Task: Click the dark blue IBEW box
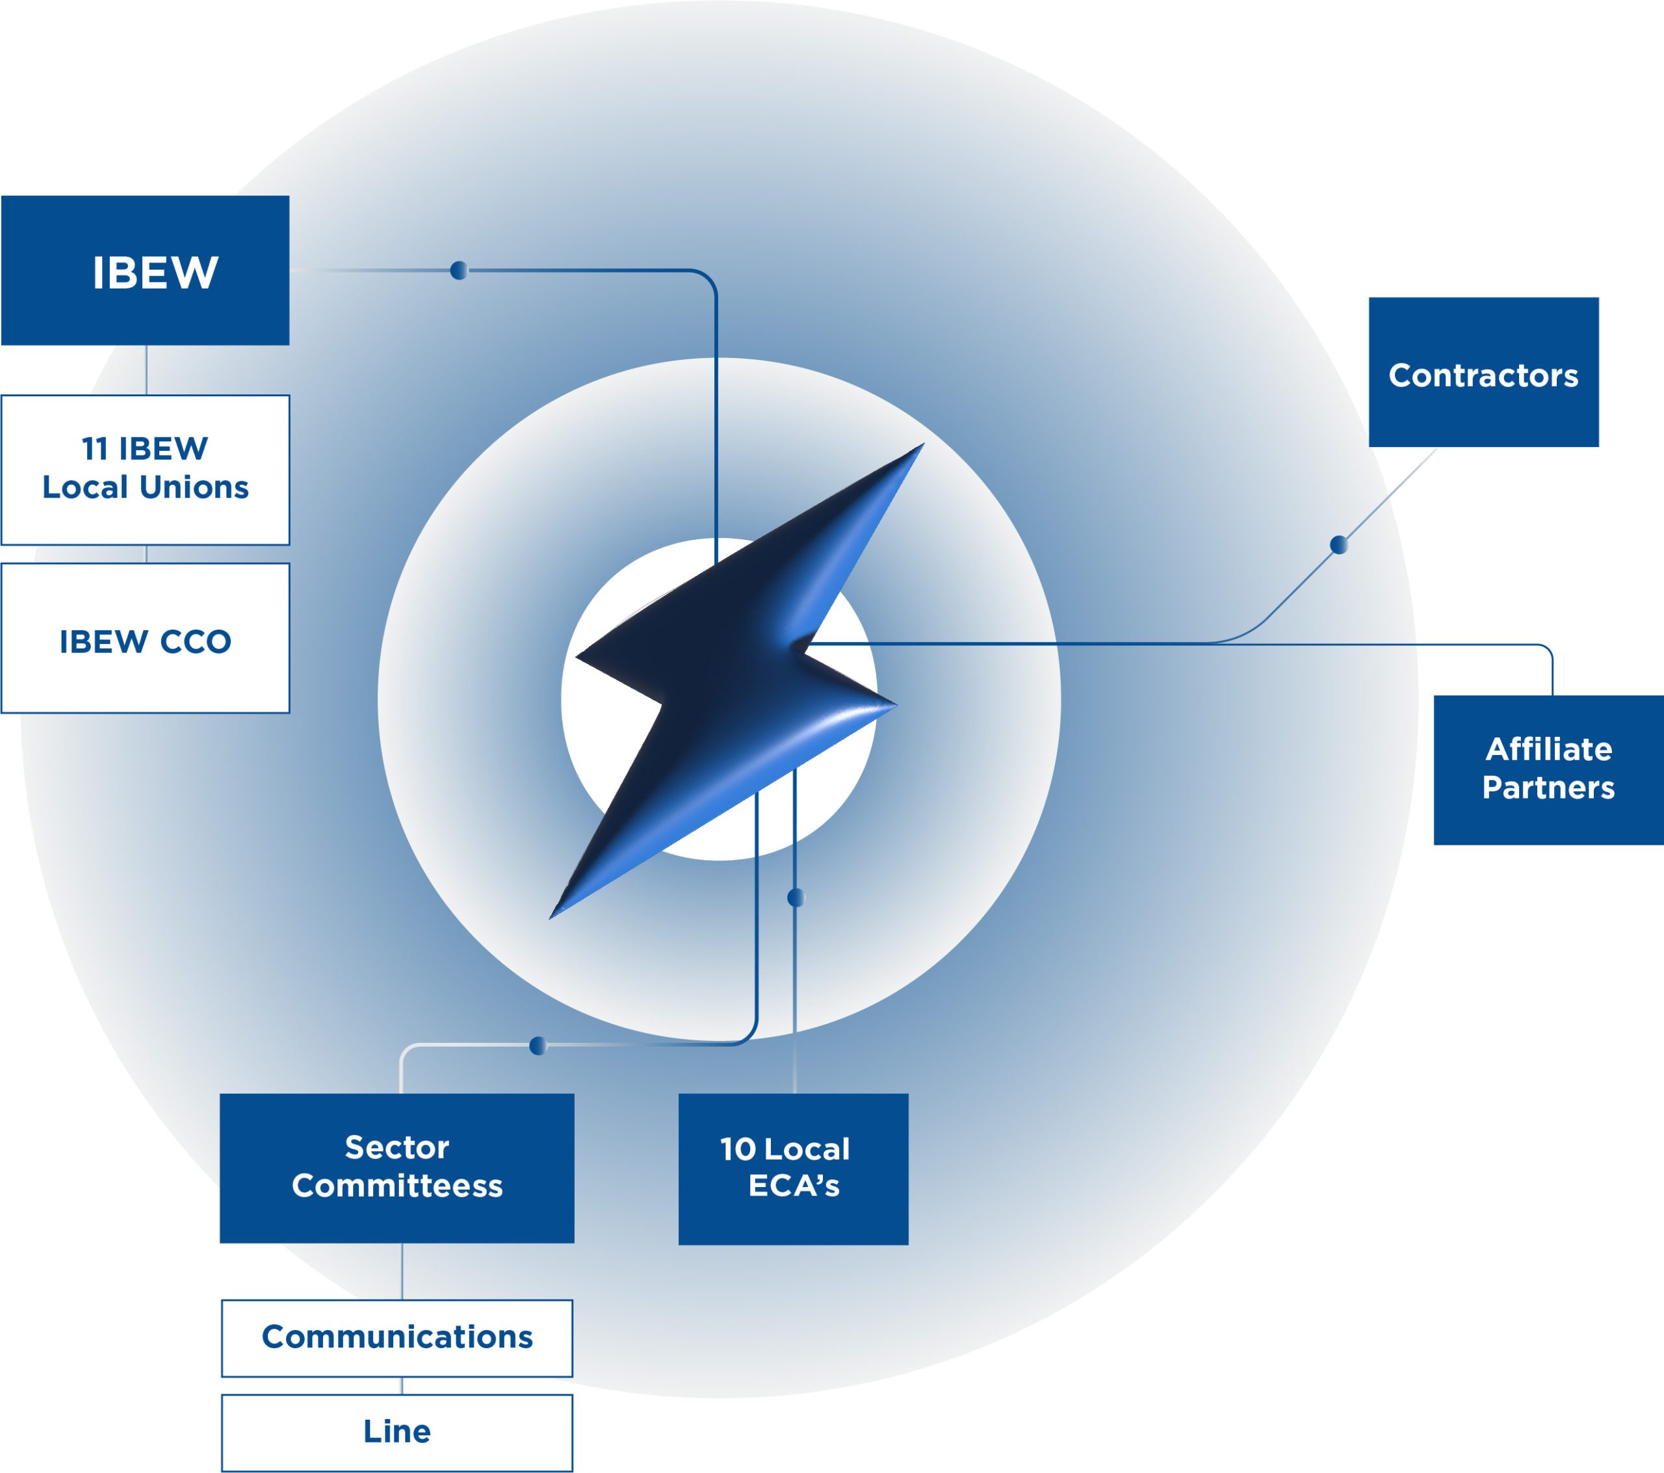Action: click(x=145, y=270)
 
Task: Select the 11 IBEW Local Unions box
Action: click(x=145, y=470)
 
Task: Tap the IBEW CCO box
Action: click(x=145, y=638)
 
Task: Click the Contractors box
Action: click(x=1483, y=372)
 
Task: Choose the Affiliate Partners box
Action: click(x=1548, y=770)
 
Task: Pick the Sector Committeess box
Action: click(x=396, y=1168)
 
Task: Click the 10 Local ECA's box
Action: click(x=793, y=1169)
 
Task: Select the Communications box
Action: click(x=396, y=1338)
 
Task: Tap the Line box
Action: click(x=396, y=1433)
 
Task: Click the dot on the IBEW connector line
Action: click(x=459, y=270)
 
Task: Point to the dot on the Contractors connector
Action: click(x=1338, y=544)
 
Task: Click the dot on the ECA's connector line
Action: click(x=796, y=897)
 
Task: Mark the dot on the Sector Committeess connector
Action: click(x=538, y=1045)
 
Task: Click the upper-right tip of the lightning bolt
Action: click(x=923, y=444)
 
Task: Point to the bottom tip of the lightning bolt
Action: click(x=551, y=918)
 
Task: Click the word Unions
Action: click(x=194, y=487)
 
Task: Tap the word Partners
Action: click(x=1548, y=788)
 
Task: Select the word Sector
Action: click(x=396, y=1147)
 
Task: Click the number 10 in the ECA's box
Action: click(x=738, y=1149)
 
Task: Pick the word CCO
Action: click(x=196, y=642)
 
